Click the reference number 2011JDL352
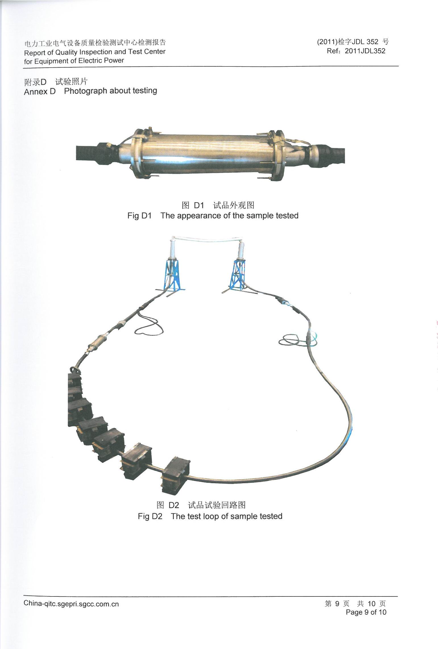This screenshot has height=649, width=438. coord(365,51)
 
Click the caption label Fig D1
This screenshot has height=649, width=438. coord(139,216)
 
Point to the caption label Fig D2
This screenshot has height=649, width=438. coord(150,516)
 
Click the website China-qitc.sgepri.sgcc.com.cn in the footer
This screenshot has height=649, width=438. coord(71,604)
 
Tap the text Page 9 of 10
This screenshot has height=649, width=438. coord(366,612)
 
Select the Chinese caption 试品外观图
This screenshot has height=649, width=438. coord(234,205)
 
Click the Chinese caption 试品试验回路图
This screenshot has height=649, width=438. coord(217,505)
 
